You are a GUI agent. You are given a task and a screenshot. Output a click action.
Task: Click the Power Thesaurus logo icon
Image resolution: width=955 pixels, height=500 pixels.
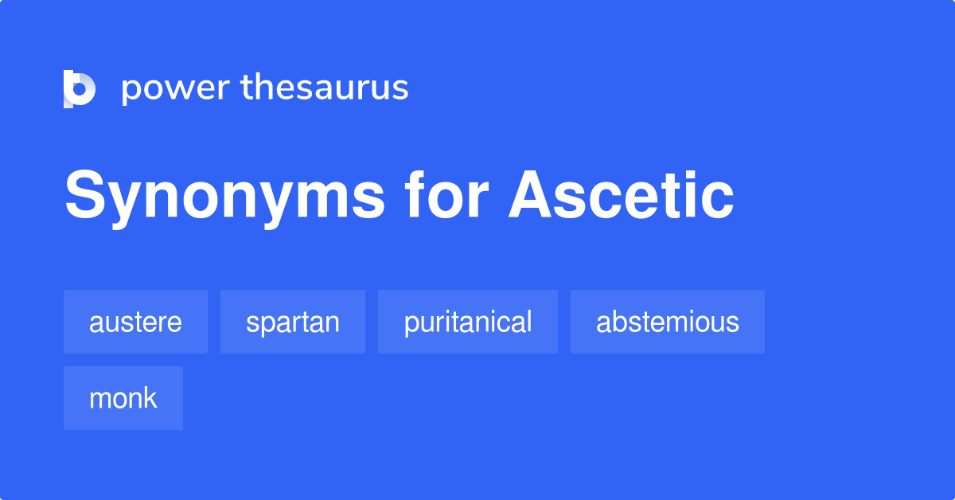pos(80,88)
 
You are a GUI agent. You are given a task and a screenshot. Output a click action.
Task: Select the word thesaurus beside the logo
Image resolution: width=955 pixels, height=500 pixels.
pos(325,88)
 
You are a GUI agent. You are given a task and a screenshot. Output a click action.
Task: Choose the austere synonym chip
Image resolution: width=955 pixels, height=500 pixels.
pos(135,322)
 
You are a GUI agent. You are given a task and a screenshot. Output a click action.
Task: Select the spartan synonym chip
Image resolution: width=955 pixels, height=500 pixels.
pos(293,322)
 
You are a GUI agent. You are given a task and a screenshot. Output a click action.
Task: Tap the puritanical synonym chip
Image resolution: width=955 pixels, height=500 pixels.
pos(468,322)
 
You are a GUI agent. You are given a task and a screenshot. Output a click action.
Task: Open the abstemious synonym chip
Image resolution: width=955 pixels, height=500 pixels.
pos(668,322)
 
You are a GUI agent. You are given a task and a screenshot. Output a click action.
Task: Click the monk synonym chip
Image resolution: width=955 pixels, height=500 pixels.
pos(123,398)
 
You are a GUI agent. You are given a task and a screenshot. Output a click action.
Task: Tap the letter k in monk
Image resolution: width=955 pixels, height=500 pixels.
pos(150,398)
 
